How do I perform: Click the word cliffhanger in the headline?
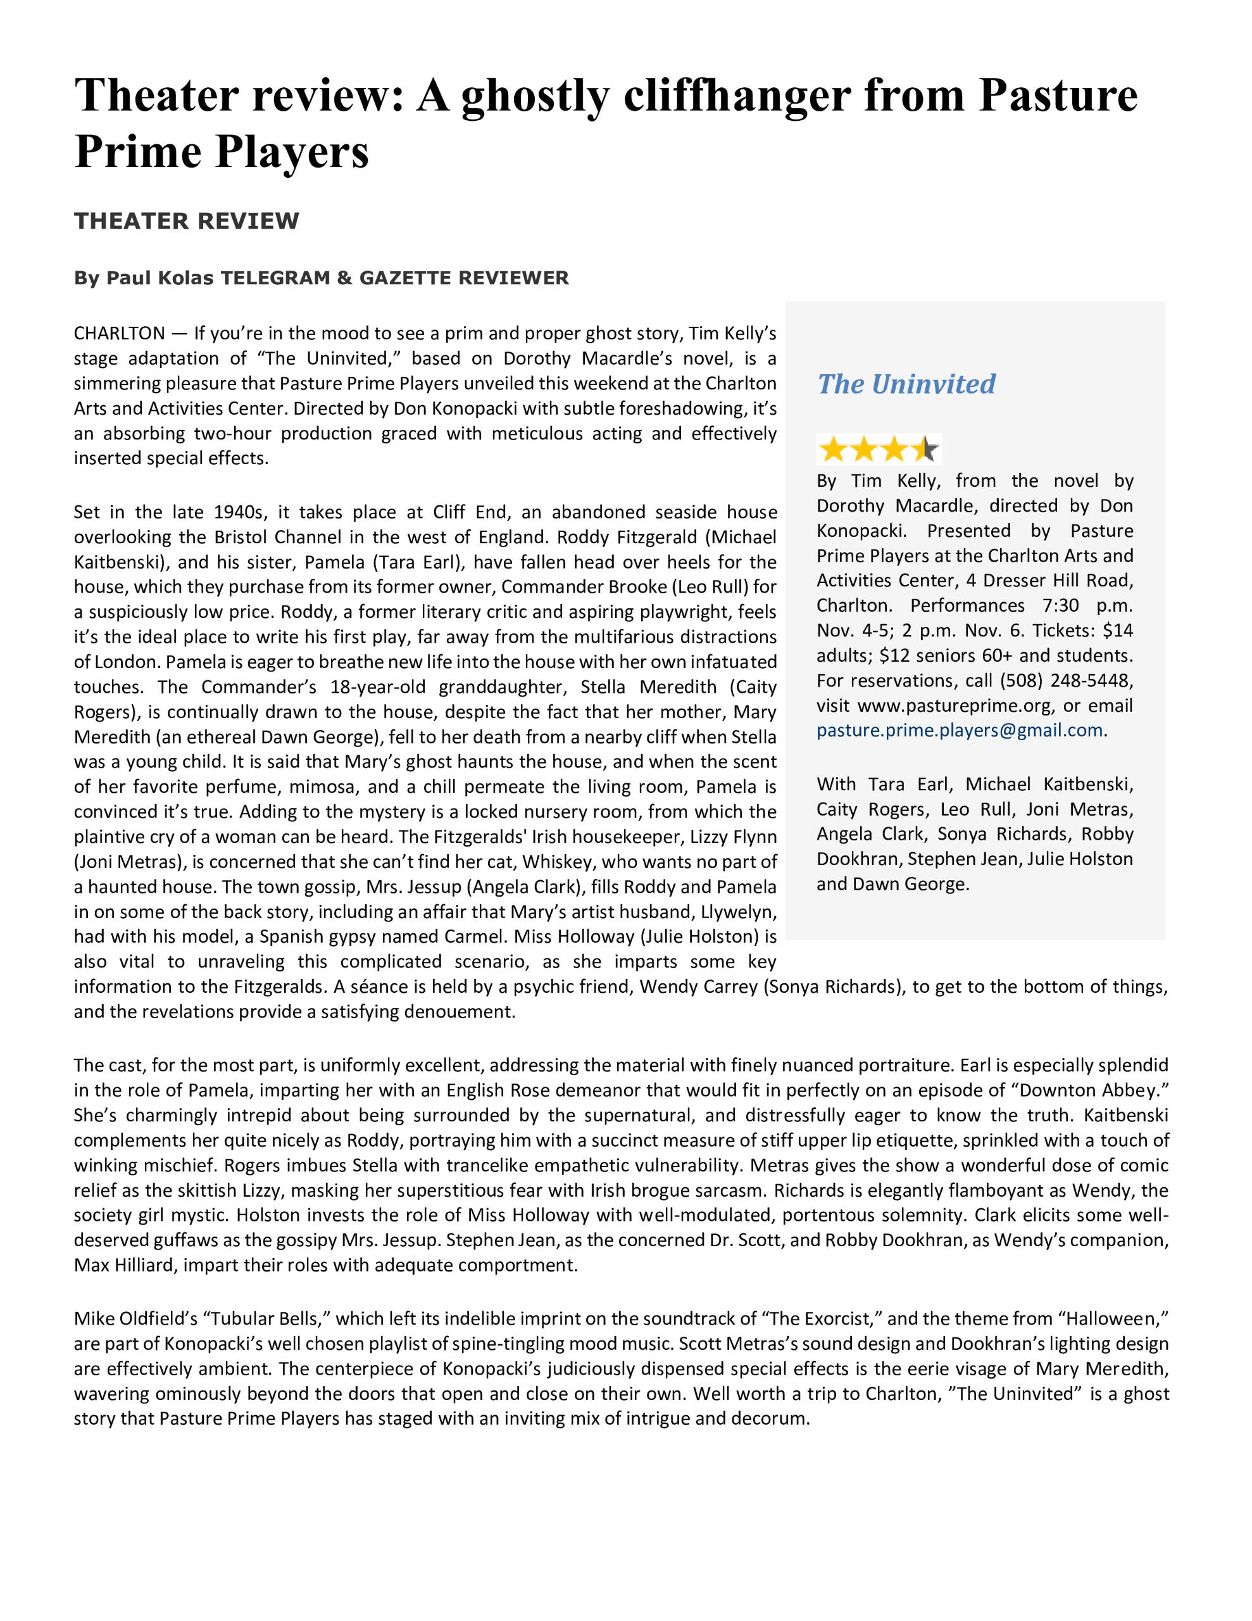736,96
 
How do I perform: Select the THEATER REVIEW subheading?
186,221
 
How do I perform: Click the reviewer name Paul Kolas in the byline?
160,279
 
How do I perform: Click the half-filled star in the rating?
925,449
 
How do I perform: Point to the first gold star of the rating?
834,449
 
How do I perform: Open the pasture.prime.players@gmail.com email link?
960,730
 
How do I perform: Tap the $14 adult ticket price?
1118,631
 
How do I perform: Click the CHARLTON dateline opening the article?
119,333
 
